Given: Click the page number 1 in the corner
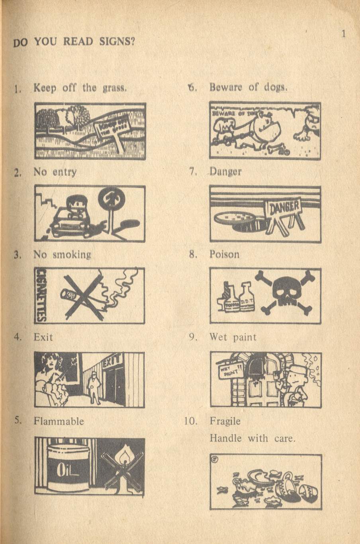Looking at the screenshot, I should point(343,34).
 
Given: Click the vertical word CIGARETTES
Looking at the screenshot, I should point(40,295).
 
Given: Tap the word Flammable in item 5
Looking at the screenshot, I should point(59,421).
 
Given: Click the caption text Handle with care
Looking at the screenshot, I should point(252,439).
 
